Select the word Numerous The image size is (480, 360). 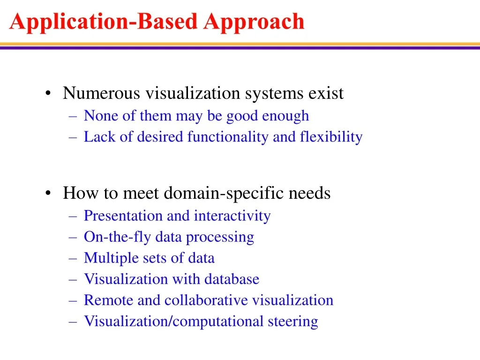pyautogui.click(x=101, y=93)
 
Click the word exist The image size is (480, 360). pyautogui.click(x=326, y=93)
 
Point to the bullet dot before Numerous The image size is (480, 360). pyautogui.click(x=48, y=93)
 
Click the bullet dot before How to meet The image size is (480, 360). pyautogui.click(x=48, y=193)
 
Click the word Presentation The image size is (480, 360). pyautogui.click(x=123, y=216)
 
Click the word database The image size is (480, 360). pyautogui.click(x=232, y=279)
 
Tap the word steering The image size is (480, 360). pyautogui.click(x=293, y=322)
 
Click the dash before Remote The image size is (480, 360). pyautogui.click(x=73, y=301)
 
